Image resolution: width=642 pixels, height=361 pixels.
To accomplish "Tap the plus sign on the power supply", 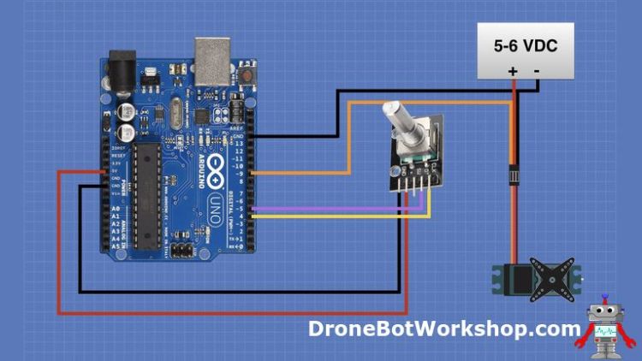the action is point(513,71).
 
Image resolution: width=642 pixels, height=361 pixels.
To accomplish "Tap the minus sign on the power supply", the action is point(537,71).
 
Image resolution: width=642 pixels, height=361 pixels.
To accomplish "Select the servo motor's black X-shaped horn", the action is point(545,277).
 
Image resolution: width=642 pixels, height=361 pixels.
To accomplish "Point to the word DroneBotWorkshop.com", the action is point(444,328).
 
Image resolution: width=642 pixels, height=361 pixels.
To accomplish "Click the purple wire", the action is point(342,209).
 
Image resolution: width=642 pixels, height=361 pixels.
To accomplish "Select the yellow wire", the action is point(342,216).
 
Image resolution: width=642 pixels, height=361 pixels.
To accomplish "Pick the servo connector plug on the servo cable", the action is point(514,173).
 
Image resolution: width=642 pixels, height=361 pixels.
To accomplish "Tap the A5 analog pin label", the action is point(116,246).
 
